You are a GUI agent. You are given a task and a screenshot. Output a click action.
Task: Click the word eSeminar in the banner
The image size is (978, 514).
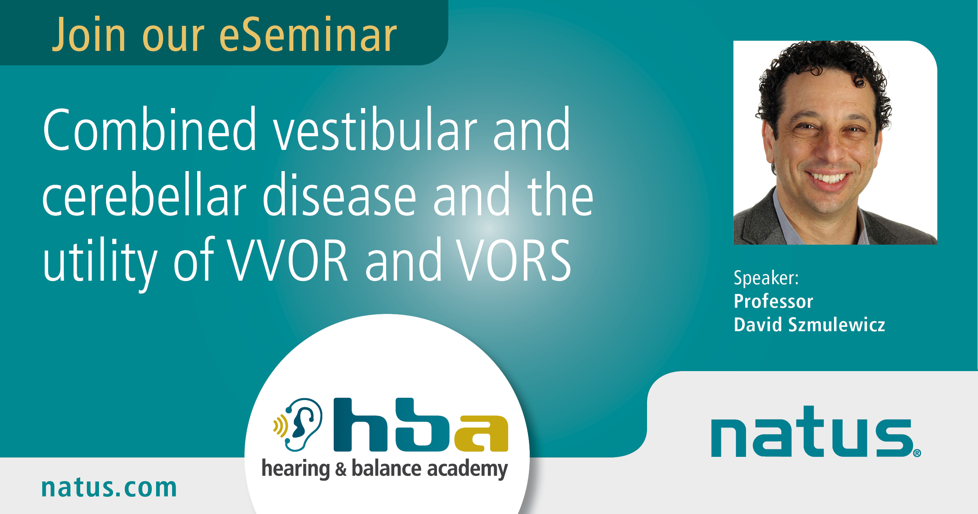point(308,35)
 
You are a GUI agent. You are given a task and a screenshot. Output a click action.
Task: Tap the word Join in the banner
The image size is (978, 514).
point(89,34)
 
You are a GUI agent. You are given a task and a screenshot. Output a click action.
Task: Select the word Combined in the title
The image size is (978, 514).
point(149,129)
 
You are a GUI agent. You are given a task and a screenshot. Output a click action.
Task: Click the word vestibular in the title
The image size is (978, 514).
point(375,129)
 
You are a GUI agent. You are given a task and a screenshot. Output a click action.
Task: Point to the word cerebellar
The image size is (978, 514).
point(144,194)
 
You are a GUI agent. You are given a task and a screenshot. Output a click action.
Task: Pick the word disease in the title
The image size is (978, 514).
point(339,194)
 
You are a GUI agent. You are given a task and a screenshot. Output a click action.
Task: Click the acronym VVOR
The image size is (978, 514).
point(288,260)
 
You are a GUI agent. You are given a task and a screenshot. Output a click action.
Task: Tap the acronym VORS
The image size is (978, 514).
point(514,260)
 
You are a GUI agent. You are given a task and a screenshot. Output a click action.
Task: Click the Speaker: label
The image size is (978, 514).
point(766,278)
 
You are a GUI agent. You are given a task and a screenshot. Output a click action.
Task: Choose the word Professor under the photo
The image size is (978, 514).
point(773,301)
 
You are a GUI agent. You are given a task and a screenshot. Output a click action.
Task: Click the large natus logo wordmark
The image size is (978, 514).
point(812,431)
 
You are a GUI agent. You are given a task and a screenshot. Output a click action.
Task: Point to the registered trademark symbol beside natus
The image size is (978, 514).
point(917,453)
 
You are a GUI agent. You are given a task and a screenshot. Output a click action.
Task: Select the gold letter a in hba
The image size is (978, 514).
point(481,433)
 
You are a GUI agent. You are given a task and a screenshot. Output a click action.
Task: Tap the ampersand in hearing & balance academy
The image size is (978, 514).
point(341,469)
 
